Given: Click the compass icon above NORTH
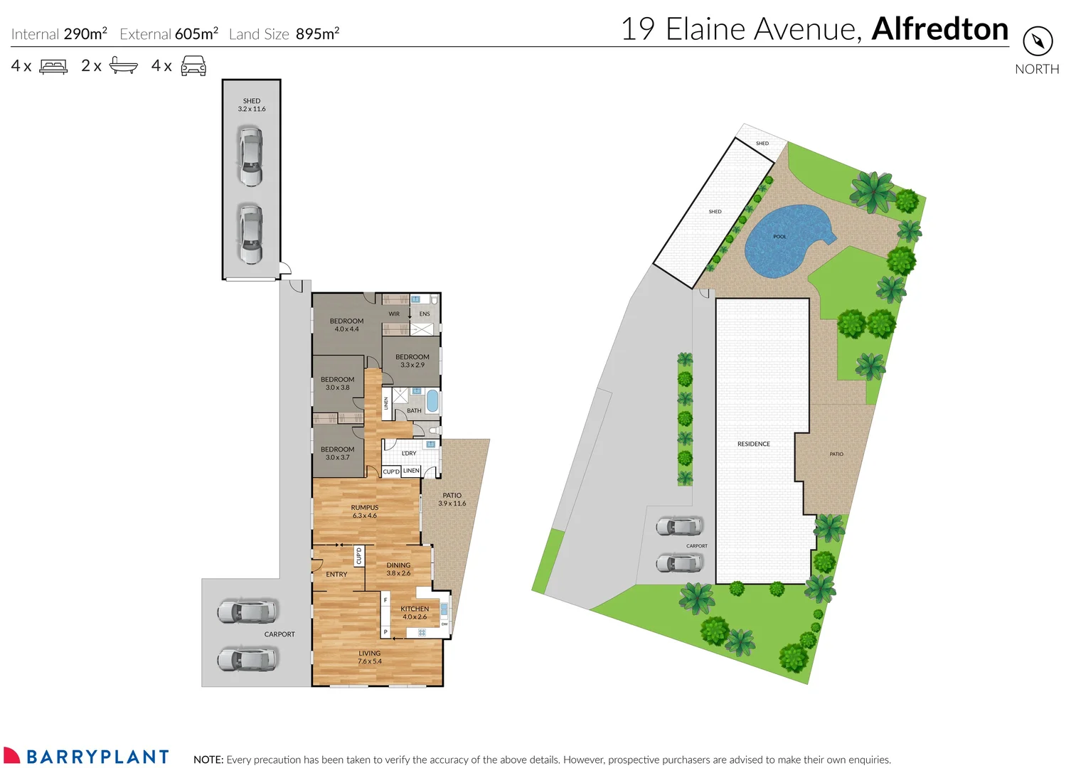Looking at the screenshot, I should (x=1037, y=41).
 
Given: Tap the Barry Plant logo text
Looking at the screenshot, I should (x=97, y=757).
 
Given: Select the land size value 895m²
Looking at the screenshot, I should (x=317, y=34).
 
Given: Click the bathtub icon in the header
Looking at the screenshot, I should (x=123, y=66).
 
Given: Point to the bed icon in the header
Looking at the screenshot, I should (x=53, y=66).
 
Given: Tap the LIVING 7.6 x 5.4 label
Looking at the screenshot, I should (x=369, y=657).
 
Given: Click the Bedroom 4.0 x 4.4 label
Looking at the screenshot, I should (x=346, y=325).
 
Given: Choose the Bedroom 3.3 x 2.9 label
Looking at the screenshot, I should (x=412, y=361).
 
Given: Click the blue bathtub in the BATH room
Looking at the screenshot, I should (x=432, y=401).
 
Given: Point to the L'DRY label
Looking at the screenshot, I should (x=409, y=453).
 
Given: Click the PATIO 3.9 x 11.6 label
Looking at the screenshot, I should (x=452, y=499).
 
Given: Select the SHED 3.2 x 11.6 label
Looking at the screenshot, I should (x=252, y=105).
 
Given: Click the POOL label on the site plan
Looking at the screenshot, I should (x=779, y=237).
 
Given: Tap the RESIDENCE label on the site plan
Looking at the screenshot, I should (x=753, y=444).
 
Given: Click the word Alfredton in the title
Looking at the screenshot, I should (x=939, y=29).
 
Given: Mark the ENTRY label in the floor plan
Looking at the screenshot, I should (x=336, y=575).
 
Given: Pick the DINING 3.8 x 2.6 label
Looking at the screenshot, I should (x=398, y=569).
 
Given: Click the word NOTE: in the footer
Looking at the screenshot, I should (x=208, y=759).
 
